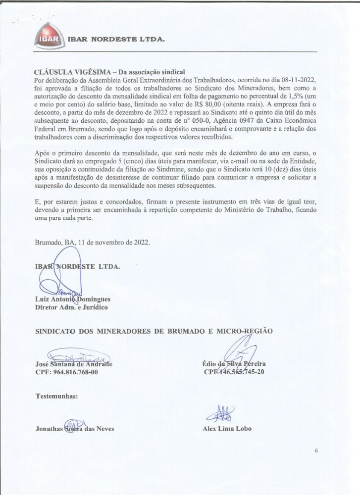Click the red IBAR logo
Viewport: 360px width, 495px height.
tap(49, 38)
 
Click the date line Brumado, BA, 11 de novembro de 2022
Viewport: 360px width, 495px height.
tap(92, 243)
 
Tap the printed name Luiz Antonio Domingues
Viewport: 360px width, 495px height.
tap(72, 299)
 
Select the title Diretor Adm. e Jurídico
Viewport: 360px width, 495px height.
tap(71, 307)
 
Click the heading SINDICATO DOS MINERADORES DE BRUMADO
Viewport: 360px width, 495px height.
tap(154, 331)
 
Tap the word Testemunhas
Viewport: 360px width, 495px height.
tap(56, 396)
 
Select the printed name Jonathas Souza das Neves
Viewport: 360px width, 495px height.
tap(75, 429)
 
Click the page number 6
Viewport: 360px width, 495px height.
tap(316, 451)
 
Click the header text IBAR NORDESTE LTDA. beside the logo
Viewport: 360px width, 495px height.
tap(115, 39)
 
